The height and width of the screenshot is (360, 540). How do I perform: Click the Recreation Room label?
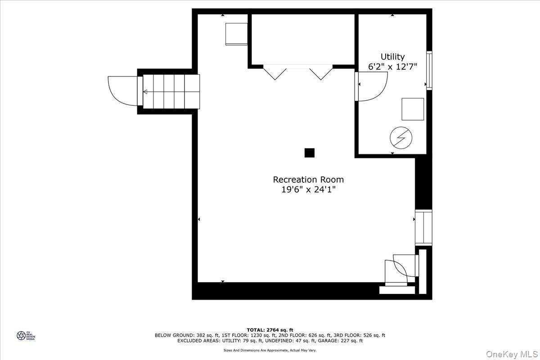308,180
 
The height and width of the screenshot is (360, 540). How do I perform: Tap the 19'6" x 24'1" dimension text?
308,190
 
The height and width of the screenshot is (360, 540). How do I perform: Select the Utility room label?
392,57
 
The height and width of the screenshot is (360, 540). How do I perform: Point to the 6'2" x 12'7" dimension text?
392,67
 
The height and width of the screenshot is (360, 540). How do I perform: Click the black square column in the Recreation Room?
309,153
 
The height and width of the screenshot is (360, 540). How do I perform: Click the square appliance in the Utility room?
413,109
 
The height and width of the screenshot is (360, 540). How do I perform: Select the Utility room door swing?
371,86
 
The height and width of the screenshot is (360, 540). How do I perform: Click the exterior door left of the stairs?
122,91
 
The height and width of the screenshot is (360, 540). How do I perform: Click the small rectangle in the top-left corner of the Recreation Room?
237,33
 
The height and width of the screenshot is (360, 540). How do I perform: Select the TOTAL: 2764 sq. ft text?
270,330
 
